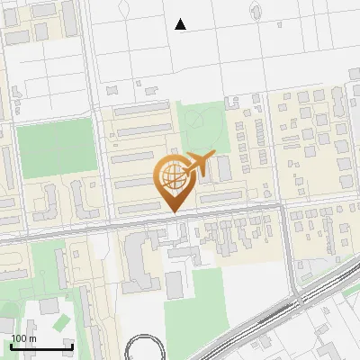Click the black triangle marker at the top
(x=181, y=24)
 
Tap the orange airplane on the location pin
(x=201, y=165)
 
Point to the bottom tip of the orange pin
(x=172, y=211)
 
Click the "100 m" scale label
(x=23, y=338)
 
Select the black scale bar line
(x=41, y=346)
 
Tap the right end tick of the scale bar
(x=72, y=345)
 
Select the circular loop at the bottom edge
(x=144, y=349)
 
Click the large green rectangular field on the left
(x=57, y=148)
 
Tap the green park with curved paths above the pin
(x=199, y=126)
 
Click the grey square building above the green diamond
(x=48, y=306)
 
